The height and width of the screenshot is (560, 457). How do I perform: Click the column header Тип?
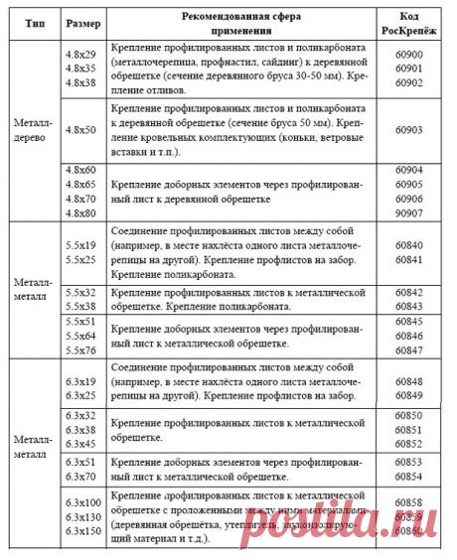pyautogui.click(x=30, y=22)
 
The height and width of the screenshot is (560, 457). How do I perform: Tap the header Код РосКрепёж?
pyautogui.click(x=414, y=22)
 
